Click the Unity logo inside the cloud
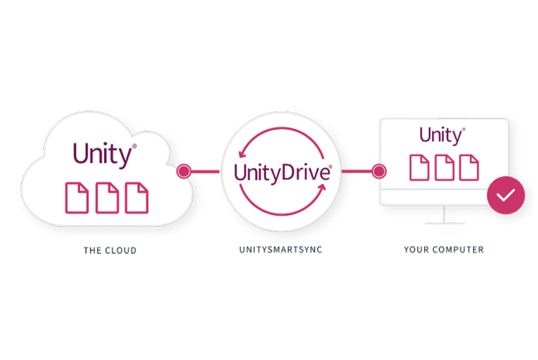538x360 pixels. [x=105, y=155]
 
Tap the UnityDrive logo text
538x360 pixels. [x=282, y=173]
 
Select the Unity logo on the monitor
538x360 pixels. [x=442, y=135]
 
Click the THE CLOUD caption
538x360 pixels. [x=110, y=251]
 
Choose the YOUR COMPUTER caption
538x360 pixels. [x=443, y=250]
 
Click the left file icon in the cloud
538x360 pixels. [x=76, y=198]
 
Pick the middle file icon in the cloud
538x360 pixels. [x=106, y=198]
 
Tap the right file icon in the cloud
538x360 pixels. [x=136, y=198]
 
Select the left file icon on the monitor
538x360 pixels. [x=419, y=167]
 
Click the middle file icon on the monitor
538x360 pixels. [x=444, y=167]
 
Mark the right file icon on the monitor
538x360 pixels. [x=469, y=167]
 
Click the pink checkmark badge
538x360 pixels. [x=506, y=196]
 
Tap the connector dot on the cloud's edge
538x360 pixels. [x=183, y=172]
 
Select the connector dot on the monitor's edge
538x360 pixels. [x=379, y=172]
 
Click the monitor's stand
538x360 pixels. [x=444, y=216]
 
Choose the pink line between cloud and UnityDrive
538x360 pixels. [x=205, y=172]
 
